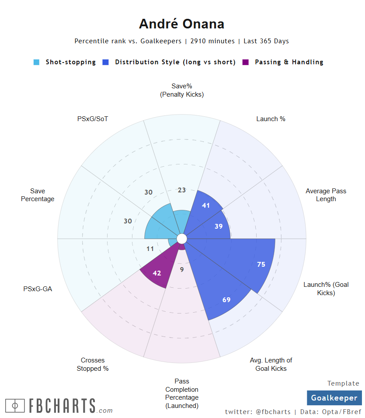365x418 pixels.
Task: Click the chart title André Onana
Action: pyautogui.click(x=181, y=24)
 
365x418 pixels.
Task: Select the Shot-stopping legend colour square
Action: pyautogui.click(x=37, y=63)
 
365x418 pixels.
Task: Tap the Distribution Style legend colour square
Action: pyautogui.click(x=105, y=63)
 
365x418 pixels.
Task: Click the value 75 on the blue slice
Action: pyautogui.click(x=261, y=264)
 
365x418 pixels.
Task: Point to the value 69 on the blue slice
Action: pyautogui.click(x=226, y=300)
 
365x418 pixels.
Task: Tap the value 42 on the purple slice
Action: pyautogui.click(x=157, y=273)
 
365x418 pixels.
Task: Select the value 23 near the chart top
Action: pyautogui.click(x=182, y=190)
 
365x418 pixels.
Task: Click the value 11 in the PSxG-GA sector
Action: pyautogui.click(x=150, y=249)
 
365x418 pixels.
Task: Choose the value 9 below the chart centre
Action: pyautogui.click(x=182, y=270)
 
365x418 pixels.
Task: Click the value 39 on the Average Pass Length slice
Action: pyautogui.click(x=219, y=226)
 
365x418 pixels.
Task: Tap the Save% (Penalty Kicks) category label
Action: pyautogui.click(x=182, y=90)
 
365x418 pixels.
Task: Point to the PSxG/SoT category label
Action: pyautogui.click(x=93, y=118)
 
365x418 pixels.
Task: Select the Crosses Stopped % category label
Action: pyautogui.click(x=93, y=364)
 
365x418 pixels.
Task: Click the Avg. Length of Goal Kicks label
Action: pyautogui.click(x=271, y=364)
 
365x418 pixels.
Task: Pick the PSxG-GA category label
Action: pyautogui.click(x=38, y=289)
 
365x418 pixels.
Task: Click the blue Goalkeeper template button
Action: pyautogui.click(x=334, y=398)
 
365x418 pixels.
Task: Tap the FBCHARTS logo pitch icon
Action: pyautogui.click(x=15, y=405)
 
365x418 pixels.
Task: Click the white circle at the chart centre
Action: pyautogui.click(x=182, y=239)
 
